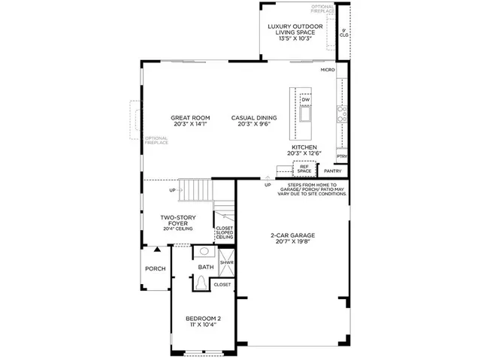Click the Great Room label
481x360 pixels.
click(x=189, y=121)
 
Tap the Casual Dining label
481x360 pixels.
click(x=253, y=121)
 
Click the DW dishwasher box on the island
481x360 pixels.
click(x=306, y=100)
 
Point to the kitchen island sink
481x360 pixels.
click(x=306, y=115)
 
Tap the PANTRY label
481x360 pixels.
click(x=332, y=171)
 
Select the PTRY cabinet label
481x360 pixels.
click(x=342, y=156)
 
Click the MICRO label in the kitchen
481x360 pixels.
click(x=327, y=69)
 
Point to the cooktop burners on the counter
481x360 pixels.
click(x=342, y=113)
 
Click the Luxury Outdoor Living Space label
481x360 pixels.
click(x=295, y=31)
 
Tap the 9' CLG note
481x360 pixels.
click(x=343, y=33)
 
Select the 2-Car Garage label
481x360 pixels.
click(x=292, y=239)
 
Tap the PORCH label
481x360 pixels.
click(x=156, y=268)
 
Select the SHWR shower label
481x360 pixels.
click(x=225, y=263)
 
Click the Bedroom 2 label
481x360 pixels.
click(x=203, y=322)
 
